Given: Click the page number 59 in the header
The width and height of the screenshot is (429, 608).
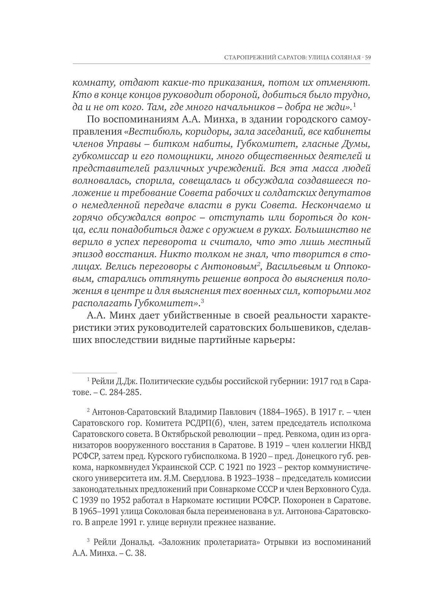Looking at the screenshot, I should (368, 58).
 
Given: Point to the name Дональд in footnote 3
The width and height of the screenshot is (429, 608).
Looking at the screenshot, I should (132, 542).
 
